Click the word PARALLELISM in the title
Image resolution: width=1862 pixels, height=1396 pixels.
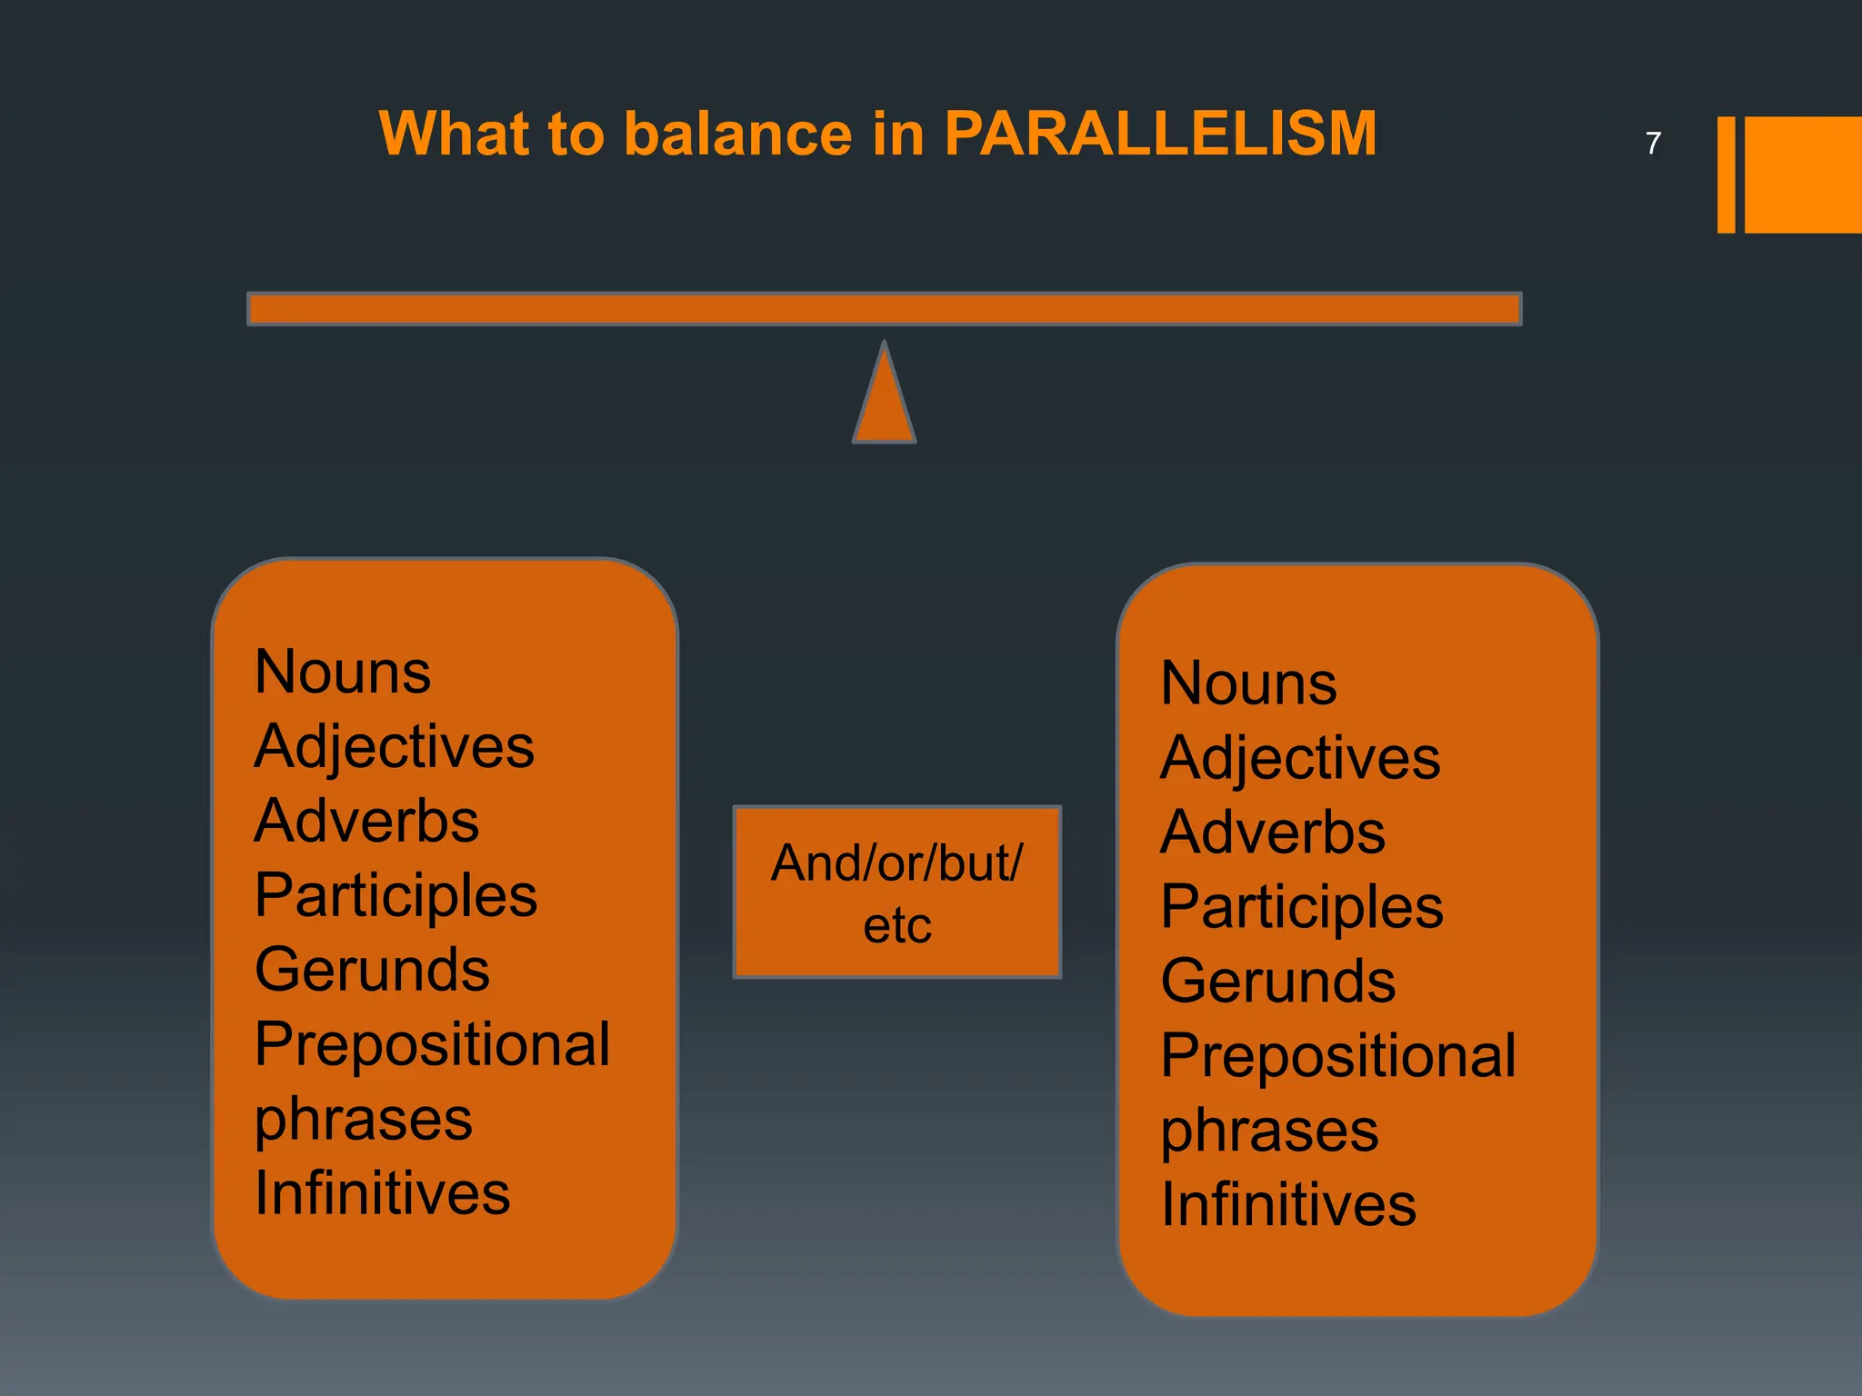1160,135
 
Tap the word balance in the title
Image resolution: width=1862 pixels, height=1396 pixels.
738,135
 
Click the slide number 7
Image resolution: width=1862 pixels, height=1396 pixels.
1653,144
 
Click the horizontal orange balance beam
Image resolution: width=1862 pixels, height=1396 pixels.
884,309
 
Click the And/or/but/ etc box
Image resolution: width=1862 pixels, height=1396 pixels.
897,892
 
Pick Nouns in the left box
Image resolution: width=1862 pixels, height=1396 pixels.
343,673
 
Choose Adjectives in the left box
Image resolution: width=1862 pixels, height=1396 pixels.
394,747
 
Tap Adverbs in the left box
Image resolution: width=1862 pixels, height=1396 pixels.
366,822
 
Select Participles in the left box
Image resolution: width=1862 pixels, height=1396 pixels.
395,896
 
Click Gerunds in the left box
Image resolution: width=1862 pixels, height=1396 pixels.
372,970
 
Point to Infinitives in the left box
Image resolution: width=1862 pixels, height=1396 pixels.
382,1193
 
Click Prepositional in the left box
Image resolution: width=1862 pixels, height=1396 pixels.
432,1044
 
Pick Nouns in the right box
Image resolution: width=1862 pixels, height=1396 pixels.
1248,683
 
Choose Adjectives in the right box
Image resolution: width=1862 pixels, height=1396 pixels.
1300,758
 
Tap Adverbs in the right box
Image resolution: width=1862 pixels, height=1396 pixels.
1273,833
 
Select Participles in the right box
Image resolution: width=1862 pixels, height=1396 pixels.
1302,907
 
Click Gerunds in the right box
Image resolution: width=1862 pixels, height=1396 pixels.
1278,982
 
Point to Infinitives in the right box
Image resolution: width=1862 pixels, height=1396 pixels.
1288,1205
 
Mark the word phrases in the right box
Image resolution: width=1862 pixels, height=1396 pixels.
1269,1132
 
